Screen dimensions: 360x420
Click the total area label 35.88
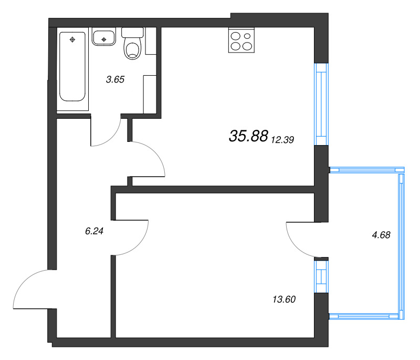248,136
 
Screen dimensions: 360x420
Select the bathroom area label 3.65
115,80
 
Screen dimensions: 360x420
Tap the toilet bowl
132,49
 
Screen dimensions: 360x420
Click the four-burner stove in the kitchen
241,41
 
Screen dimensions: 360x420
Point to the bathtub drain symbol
73,39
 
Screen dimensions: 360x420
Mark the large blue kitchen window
321,104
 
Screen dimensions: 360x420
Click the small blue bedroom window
321,277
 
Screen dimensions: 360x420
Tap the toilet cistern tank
132,32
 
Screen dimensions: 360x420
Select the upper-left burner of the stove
235,36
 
